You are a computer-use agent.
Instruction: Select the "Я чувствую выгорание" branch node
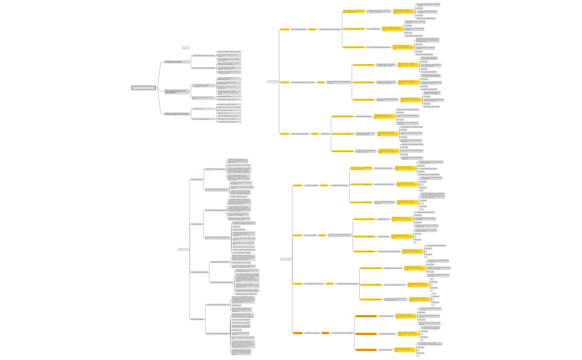174,62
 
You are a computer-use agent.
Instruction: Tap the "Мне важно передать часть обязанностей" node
176,91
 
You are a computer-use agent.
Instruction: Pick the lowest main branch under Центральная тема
177,114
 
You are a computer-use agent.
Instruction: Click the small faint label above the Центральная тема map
186,48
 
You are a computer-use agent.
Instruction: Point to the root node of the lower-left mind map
183,249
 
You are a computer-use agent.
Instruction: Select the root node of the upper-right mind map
273,81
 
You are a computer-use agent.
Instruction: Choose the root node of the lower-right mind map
285,259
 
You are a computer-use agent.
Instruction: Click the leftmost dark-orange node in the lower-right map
298,333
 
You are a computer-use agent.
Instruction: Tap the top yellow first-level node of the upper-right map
284,29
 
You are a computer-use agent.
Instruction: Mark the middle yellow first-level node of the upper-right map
284,82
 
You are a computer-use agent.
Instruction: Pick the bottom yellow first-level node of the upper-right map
284,133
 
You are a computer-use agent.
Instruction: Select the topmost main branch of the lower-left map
197,179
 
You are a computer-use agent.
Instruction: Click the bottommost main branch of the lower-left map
197,319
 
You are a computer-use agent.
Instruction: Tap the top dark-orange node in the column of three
365,316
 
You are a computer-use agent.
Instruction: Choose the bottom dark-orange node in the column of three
365,349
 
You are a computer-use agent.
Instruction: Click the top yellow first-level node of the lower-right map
298,186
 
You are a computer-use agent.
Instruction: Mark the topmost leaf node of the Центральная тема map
228,51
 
